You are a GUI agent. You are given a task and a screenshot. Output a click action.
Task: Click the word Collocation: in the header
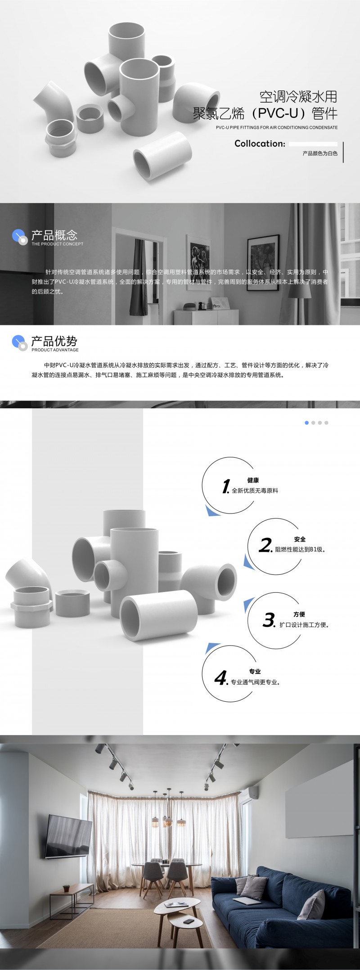point(260,144)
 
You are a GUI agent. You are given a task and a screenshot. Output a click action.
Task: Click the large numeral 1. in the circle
point(226,487)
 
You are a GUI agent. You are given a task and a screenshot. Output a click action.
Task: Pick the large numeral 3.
point(269,620)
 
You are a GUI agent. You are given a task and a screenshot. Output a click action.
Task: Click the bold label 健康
point(253,480)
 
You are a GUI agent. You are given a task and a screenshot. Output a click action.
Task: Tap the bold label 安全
point(300,539)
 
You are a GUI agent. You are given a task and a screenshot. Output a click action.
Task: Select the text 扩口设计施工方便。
point(304,625)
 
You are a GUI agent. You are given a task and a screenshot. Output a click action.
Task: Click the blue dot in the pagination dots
point(307,423)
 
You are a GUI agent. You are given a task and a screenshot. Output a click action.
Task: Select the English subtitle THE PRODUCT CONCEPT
point(57,244)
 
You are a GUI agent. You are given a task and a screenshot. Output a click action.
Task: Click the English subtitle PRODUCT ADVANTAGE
point(55,350)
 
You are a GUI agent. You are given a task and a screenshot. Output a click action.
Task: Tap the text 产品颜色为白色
point(320,153)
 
